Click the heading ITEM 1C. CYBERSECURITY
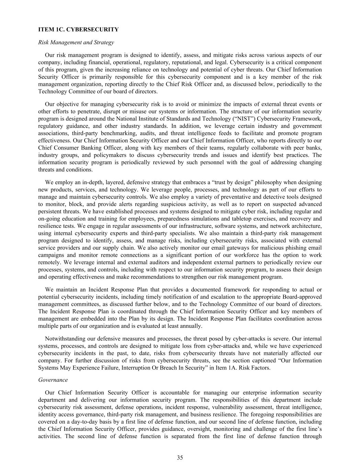pos(78,30)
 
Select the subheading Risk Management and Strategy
pos(76,43)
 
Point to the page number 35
pos(180,457)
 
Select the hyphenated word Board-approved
pos(302,297)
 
